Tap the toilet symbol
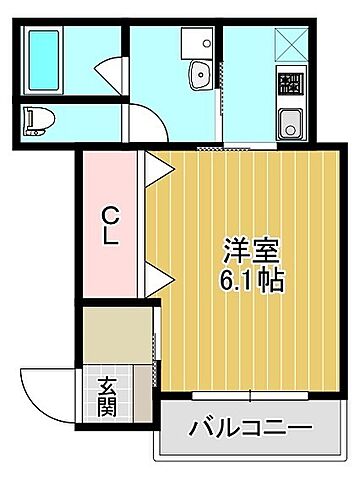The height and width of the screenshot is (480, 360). pos(39,120)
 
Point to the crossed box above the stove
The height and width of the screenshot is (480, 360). pos(291,41)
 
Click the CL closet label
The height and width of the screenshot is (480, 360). pos(112,227)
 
